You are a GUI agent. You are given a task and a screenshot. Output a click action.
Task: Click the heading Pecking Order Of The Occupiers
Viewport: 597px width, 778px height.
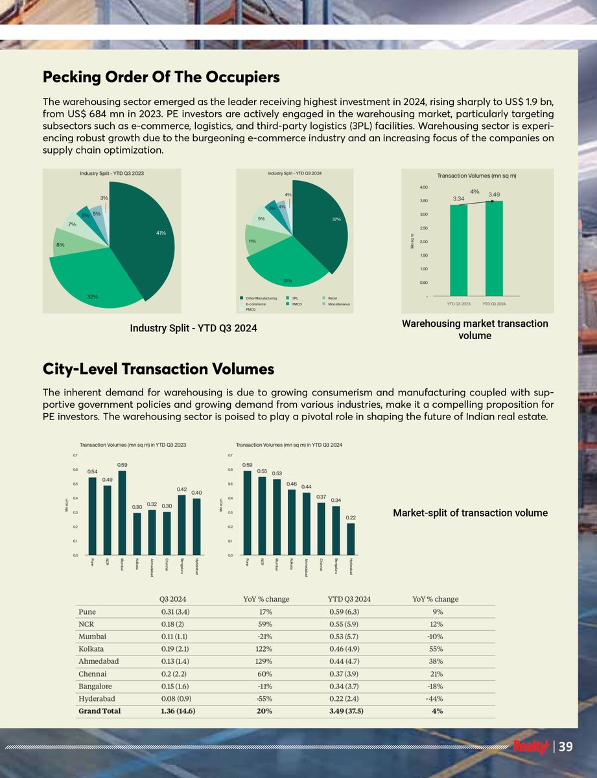(x=161, y=77)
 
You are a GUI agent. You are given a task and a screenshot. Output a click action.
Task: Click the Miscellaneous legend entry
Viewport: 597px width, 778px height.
(x=338, y=304)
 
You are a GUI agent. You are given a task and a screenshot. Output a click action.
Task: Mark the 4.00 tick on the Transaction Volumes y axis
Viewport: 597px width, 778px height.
(x=423, y=187)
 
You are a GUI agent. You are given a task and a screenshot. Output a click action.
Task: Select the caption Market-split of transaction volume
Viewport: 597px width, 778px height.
(x=470, y=513)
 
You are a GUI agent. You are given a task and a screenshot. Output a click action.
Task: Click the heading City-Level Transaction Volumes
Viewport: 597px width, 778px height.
(x=158, y=369)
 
